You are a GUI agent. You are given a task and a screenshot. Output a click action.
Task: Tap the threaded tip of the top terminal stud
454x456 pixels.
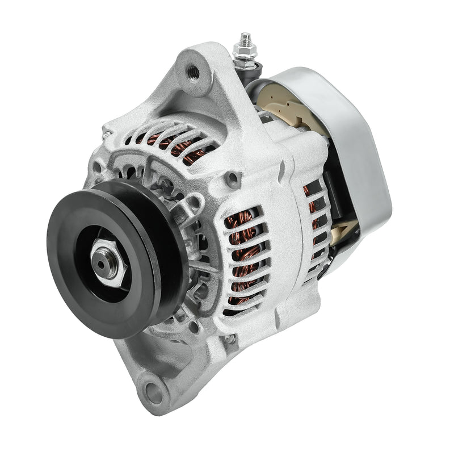click(245, 38)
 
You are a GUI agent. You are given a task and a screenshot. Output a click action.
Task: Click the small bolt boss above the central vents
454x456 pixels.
click(231, 181)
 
